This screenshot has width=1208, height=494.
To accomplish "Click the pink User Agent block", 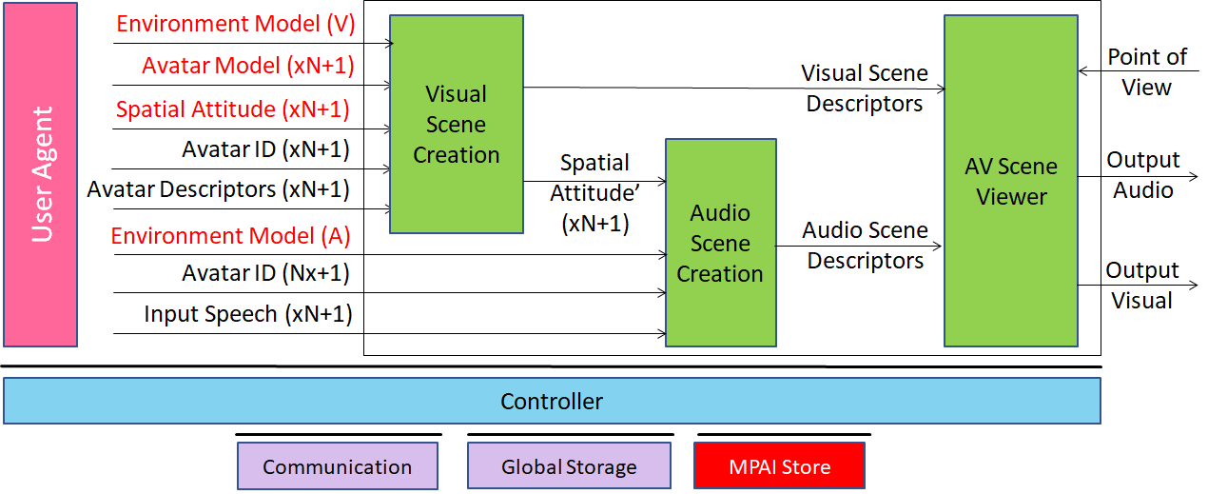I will click(41, 174).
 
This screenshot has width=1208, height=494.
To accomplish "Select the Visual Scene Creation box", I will click(456, 124).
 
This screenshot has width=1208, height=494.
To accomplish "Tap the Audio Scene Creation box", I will click(719, 243).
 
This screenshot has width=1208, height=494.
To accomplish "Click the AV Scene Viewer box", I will click(1010, 181).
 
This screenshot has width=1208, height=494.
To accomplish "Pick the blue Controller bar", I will click(552, 401).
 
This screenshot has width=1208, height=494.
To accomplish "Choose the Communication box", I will click(337, 467).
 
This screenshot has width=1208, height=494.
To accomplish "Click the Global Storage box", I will click(569, 467).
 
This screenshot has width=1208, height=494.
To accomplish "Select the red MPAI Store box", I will click(779, 467).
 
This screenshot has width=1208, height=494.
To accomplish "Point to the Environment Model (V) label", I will click(235, 24).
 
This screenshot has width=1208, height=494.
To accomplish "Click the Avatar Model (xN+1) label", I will click(246, 66).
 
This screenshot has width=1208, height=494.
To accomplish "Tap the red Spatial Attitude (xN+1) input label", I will click(233, 109).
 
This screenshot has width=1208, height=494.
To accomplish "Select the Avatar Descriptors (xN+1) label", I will click(219, 189).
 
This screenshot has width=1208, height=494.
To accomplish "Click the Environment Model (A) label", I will click(231, 235).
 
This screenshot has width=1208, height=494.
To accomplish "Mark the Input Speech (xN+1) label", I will click(248, 314).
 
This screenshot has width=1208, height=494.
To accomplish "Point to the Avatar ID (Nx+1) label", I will click(266, 274).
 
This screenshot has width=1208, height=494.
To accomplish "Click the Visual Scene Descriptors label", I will click(864, 89).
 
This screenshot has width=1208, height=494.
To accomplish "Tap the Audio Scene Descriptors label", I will click(865, 245).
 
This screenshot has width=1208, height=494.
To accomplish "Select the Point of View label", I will click(1146, 71).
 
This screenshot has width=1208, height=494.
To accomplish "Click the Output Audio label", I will click(1142, 175).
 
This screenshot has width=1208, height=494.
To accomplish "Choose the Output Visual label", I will click(1141, 286).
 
